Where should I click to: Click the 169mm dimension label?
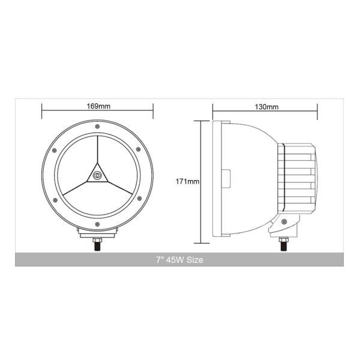pos(97,106)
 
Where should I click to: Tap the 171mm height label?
pos(188,181)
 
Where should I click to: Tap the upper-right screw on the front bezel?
pos(139,149)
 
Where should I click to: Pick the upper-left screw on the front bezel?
pos(55,149)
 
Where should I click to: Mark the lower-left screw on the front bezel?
pos(55,197)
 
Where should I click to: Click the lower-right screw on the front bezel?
pos(139,197)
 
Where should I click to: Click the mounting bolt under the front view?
pos(97,244)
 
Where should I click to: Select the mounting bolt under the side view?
pos(283,244)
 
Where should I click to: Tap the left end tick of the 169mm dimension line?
pos(41,110)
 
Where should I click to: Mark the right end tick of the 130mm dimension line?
pos(317,110)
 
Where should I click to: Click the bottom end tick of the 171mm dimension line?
pos(200,243)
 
